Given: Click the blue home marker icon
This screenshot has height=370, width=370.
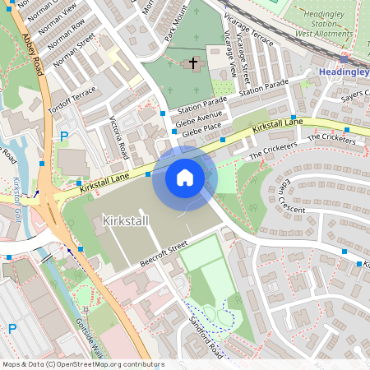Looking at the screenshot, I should click(185, 178).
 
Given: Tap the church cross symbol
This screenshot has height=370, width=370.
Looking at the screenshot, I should click(193, 62).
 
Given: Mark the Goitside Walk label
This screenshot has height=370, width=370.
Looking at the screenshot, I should click(87, 336).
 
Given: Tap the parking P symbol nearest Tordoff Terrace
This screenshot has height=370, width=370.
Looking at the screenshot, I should click(63, 136).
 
